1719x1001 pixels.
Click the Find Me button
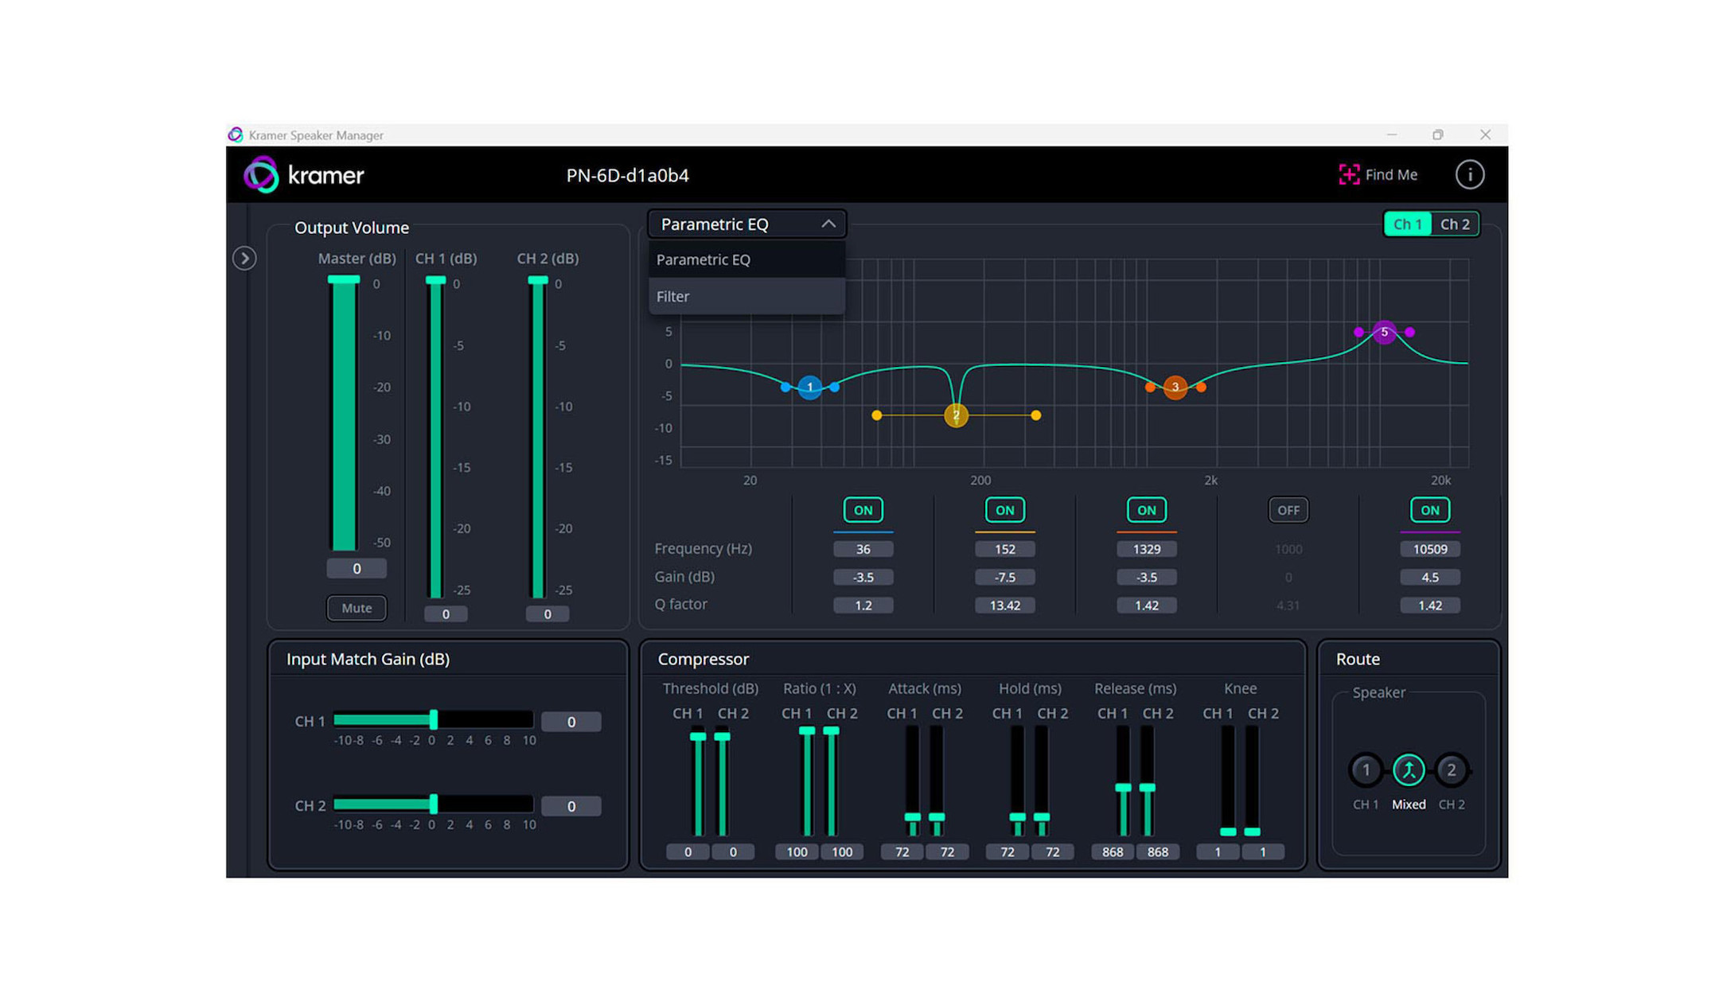(x=1378, y=175)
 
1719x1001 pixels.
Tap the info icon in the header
(x=1469, y=175)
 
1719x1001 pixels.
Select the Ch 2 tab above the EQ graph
(x=1455, y=224)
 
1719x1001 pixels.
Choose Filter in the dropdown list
(x=673, y=297)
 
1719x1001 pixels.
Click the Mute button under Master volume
(x=357, y=608)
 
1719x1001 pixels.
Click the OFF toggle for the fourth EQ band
(x=1288, y=510)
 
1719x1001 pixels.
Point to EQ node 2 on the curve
(x=956, y=415)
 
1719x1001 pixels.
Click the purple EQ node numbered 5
(x=1384, y=332)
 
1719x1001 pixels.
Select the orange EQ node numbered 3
(x=1175, y=388)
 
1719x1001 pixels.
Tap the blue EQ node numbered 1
(x=809, y=388)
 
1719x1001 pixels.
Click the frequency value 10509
(x=1429, y=549)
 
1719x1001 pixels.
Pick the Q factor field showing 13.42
(x=1004, y=606)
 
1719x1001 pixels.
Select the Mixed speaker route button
(x=1408, y=770)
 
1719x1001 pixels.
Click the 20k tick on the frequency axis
(x=1440, y=481)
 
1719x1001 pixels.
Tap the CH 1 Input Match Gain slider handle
(x=434, y=720)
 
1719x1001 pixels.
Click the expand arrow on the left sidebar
(x=244, y=259)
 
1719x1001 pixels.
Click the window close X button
(x=1485, y=135)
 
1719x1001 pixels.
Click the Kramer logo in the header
(x=304, y=175)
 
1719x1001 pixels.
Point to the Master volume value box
(x=357, y=569)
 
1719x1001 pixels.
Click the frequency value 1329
(x=1146, y=549)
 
